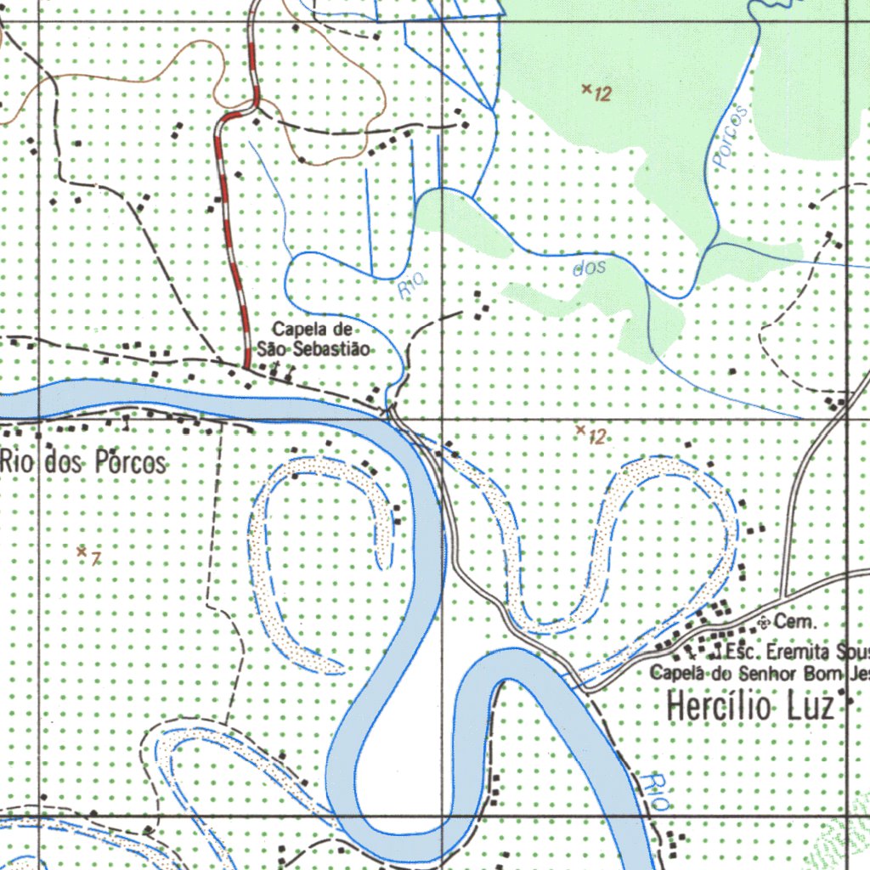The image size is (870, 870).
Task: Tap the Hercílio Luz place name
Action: pos(750,707)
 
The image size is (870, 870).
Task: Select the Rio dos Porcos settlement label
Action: pos(83,463)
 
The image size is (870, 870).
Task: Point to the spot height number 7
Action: pos(96,558)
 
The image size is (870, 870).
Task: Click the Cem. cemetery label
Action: pos(795,623)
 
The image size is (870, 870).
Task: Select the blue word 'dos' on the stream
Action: pos(590,268)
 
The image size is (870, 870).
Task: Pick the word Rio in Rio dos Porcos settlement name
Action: pos(19,463)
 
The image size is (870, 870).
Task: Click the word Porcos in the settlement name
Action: pos(130,463)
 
